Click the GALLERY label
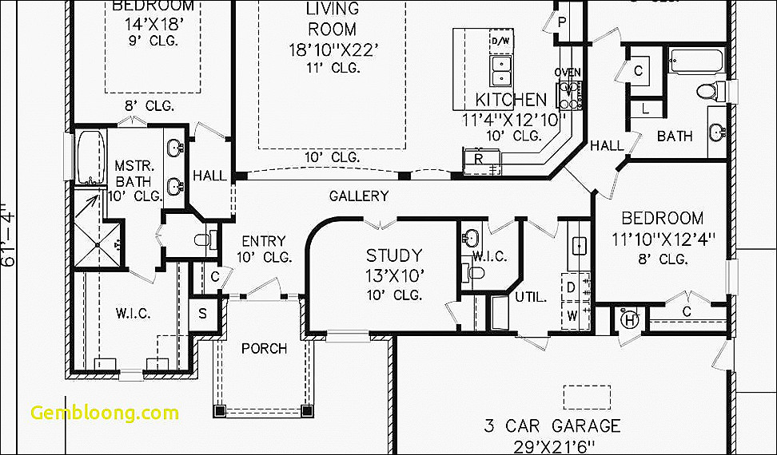[x=359, y=196]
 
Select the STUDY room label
[x=394, y=256]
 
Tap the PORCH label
[x=264, y=348]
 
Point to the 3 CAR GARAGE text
[x=552, y=425]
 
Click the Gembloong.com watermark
[x=105, y=413]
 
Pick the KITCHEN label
[x=512, y=100]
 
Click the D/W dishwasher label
[x=500, y=41]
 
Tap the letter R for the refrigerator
[x=478, y=159]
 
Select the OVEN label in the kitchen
[x=568, y=73]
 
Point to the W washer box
[x=572, y=315]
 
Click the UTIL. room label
[x=531, y=297]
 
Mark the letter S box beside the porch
[x=203, y=314]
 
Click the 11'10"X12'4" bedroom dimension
[x=663, y=239]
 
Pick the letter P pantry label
[x=563, y=22]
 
